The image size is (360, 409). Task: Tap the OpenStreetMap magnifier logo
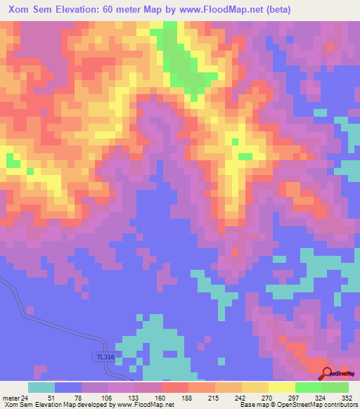(327, 372)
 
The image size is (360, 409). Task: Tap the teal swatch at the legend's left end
(41, 387)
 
